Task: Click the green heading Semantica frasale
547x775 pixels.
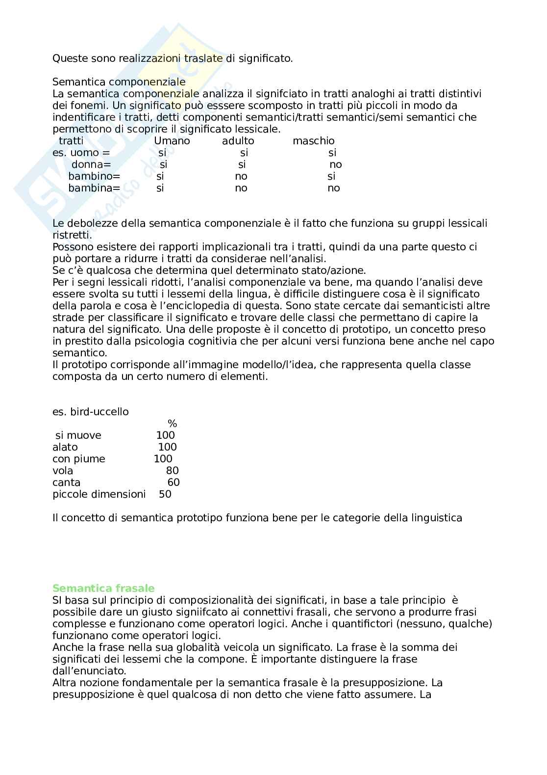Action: click(103, 588)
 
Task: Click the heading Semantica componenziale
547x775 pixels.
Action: click(119, 82)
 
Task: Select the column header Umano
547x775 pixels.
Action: click(172, 141)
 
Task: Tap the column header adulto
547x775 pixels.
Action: click(238, 141)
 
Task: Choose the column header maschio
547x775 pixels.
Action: click(314, 141)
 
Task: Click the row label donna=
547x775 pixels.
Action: click(91, 164)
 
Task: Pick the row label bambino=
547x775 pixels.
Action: click(94, 176)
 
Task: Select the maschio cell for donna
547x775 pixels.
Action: click(336, 164)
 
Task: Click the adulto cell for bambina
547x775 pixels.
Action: click(241, 188)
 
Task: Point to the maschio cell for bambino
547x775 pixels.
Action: click(332, 176)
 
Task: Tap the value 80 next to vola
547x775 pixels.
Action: click(172, 471)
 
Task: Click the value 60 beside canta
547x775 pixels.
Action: click(174, 482)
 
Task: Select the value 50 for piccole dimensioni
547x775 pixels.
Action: click(165, 494)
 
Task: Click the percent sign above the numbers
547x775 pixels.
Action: click(172, 424)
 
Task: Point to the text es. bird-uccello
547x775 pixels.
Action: click(91, 412)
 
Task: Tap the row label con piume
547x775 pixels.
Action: click(79, 459)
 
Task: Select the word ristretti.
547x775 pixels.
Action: click(72, 235)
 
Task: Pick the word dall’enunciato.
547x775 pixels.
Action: click(89, 671)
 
